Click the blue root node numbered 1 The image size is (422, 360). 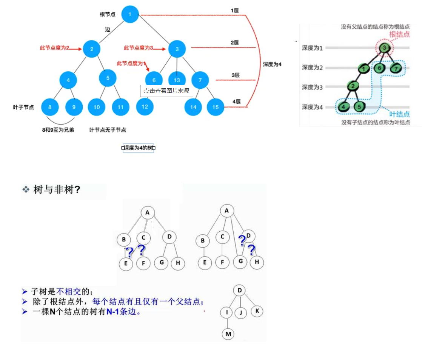(129, 15)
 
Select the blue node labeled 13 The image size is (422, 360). (177, 80)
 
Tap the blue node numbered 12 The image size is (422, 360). (145, 107)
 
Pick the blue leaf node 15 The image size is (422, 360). (216, 107)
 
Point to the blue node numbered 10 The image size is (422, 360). (97, 107)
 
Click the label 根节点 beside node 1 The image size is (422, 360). (108, 14)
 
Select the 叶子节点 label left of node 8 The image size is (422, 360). (23, 107)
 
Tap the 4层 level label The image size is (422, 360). (237, 102)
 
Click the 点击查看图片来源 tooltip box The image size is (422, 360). (166, 91)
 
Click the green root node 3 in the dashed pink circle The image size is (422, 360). (384, 48)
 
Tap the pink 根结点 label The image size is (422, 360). (399, 34)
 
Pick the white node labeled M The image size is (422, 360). (228, 334)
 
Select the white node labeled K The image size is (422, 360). (257, 311)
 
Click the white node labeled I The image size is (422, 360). (226, 312)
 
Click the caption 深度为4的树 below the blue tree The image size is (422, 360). (139, 148)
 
